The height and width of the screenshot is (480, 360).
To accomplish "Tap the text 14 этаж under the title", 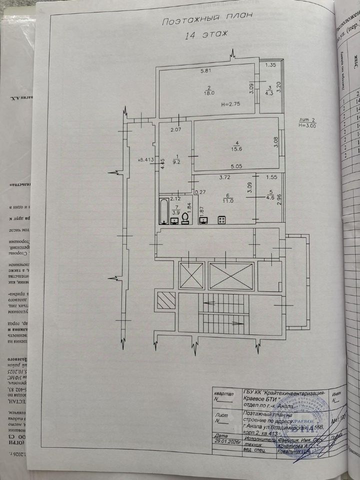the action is pyautogui.click(x=206, y=35).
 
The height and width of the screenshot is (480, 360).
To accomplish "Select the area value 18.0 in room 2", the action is pyautogui.click(x=208, y=92).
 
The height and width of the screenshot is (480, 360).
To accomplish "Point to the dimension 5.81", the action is pyautogui.click(x=206, y=71).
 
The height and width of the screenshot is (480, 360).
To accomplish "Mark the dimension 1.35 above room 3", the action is pyautogui.click(x=270, y=65).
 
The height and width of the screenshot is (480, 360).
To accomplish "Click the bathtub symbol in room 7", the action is pyautogui.click(x=164, y=211).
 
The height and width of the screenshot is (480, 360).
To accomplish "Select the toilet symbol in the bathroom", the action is pyautogui.click(x=184, y=218).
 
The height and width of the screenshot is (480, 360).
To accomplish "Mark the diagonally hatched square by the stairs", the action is pyautogui.click(x=166, y=300).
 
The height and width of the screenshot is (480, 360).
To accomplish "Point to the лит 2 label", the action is pyautogui.click(x=305, y=134).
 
